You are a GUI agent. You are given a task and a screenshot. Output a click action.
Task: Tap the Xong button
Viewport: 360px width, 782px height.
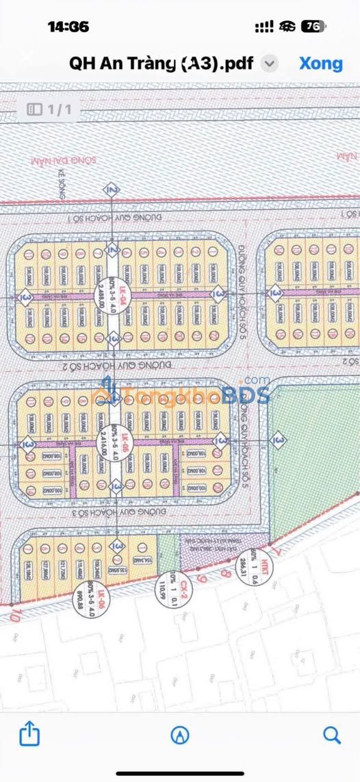click(320, 64)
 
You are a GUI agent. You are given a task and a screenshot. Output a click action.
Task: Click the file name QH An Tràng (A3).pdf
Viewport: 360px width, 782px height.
click(162, 64)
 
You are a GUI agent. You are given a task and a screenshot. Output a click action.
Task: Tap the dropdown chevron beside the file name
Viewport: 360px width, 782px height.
click(270, 64)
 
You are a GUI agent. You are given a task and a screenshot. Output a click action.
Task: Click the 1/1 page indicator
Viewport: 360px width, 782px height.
click(53, 108)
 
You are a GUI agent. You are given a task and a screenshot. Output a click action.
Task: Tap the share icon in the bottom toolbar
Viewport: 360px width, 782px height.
click(29, 735)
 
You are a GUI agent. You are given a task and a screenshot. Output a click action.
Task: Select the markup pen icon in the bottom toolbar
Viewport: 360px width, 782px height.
click(180, 735)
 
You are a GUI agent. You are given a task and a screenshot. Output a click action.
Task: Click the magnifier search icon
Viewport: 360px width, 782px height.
click(332, 735)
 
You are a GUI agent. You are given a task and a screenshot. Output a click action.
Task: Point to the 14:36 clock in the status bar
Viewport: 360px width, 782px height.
click(68, 27)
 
